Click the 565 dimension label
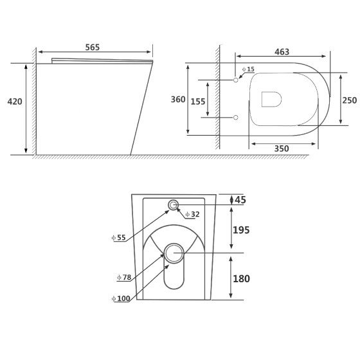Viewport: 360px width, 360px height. click(93, 48)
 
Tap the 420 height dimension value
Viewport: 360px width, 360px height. click(15, 102)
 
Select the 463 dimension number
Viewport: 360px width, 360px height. click(282, 52)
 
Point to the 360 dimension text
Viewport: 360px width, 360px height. click(178, 100)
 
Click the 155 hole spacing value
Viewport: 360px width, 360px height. click(198, 102)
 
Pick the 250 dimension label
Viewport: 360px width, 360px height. click(350, 100)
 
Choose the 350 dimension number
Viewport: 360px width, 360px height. click(282, 148)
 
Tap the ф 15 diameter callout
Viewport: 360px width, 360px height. click(248, 69)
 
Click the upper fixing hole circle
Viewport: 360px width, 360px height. click(235, 80)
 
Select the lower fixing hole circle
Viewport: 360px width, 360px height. click(235, 118)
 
